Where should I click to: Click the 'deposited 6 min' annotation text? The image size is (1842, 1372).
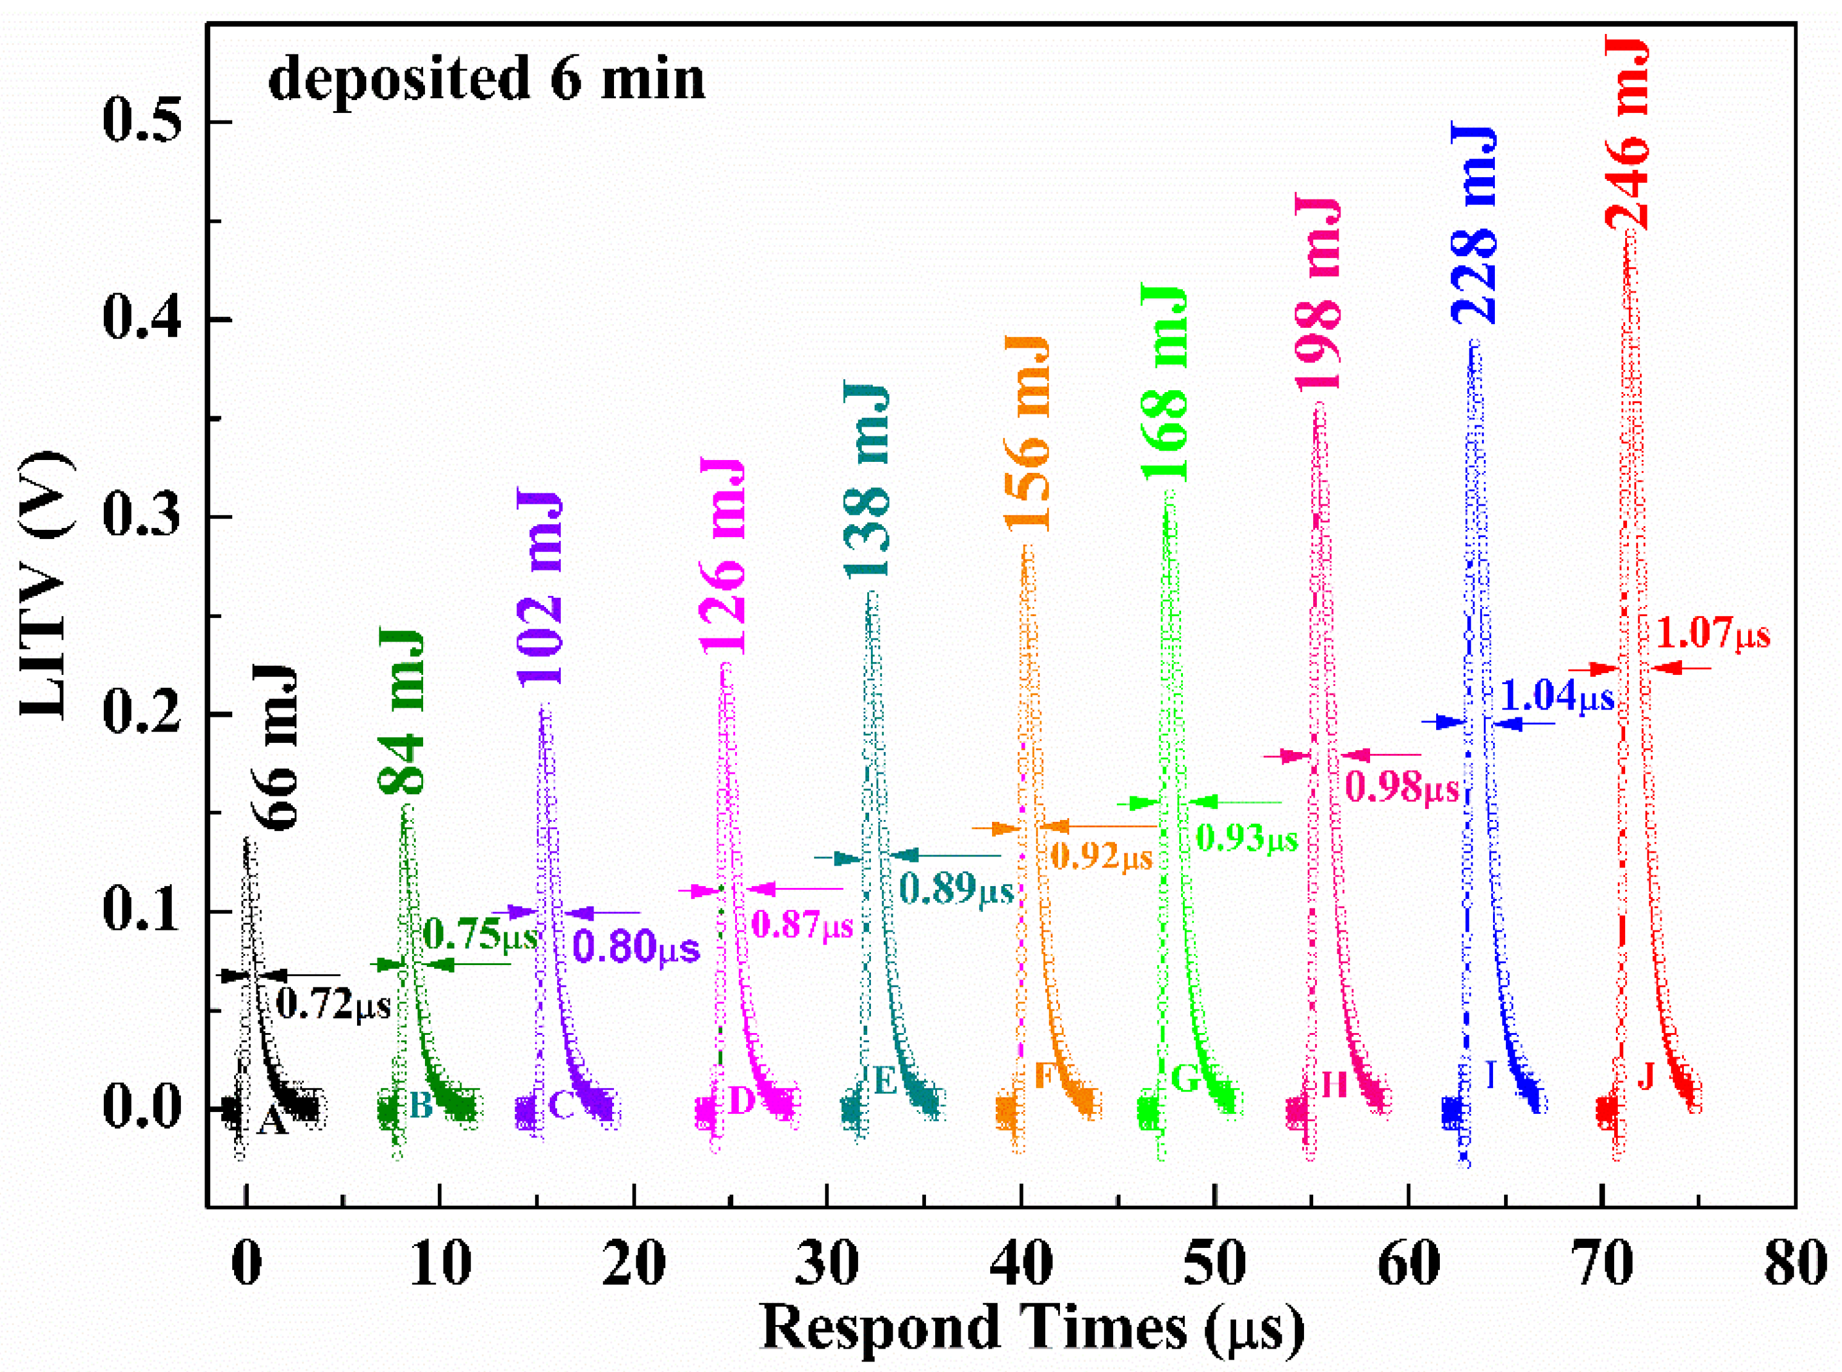(486, 80)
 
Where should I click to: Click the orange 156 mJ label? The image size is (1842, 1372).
(1028, 433)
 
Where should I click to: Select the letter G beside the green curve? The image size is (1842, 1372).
(1185, 1079)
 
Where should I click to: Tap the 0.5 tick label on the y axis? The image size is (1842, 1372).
(141, 123)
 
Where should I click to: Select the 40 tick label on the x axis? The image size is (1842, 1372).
(1021, 1264)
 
